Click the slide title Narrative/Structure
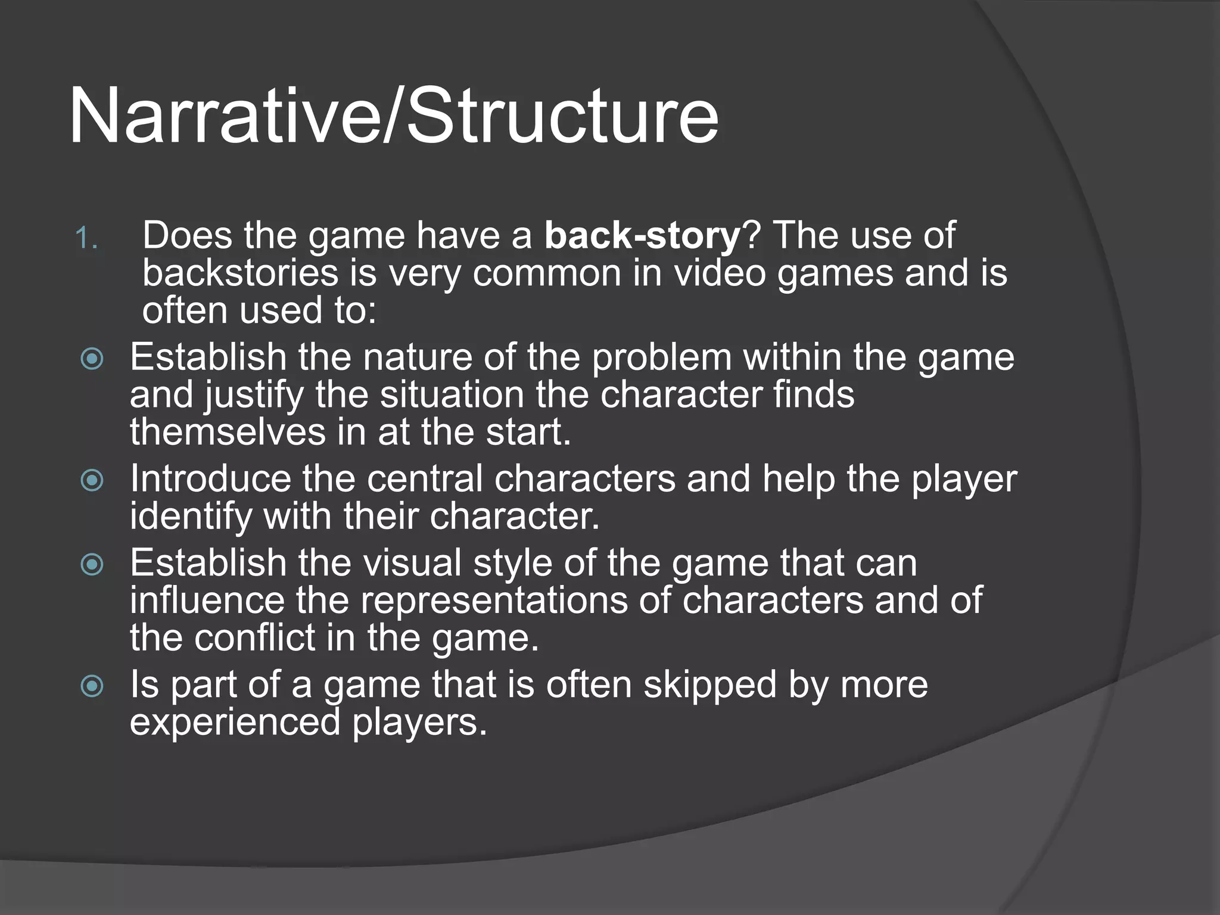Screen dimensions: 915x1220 click(393, 116)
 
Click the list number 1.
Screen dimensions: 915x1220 click(86, 239)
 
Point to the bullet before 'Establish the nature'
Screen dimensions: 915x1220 click(92, 359)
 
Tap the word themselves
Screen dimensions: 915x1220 click(228, 432)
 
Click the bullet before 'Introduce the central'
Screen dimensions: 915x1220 click(92, 480)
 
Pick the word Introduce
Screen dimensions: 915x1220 click(210, 479)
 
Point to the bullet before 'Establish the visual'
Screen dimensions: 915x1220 click(92, 565)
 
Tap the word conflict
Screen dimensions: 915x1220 click(255, 638)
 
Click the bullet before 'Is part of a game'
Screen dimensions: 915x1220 click(92, 686)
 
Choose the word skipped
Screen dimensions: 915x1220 click(709, 686)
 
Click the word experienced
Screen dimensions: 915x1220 click(235, 723)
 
